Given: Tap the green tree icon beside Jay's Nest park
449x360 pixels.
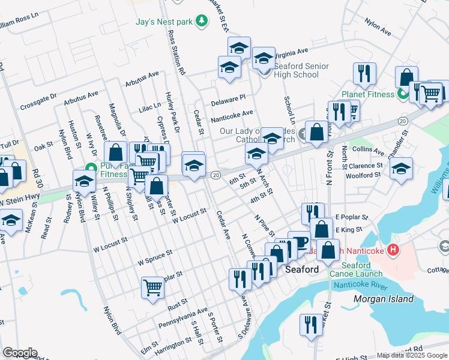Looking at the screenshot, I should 202,22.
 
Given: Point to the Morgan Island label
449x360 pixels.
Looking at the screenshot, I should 383,298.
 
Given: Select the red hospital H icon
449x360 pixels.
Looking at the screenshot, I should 393,249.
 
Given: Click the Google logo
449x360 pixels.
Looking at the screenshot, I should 20,353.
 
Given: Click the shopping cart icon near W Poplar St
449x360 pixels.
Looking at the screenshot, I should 152,287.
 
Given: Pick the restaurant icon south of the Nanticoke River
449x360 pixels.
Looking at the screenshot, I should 310,324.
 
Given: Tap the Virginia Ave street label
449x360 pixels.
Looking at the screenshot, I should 292,52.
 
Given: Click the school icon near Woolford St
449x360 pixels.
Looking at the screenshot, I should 400,169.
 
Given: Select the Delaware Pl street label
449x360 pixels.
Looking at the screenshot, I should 228,100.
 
